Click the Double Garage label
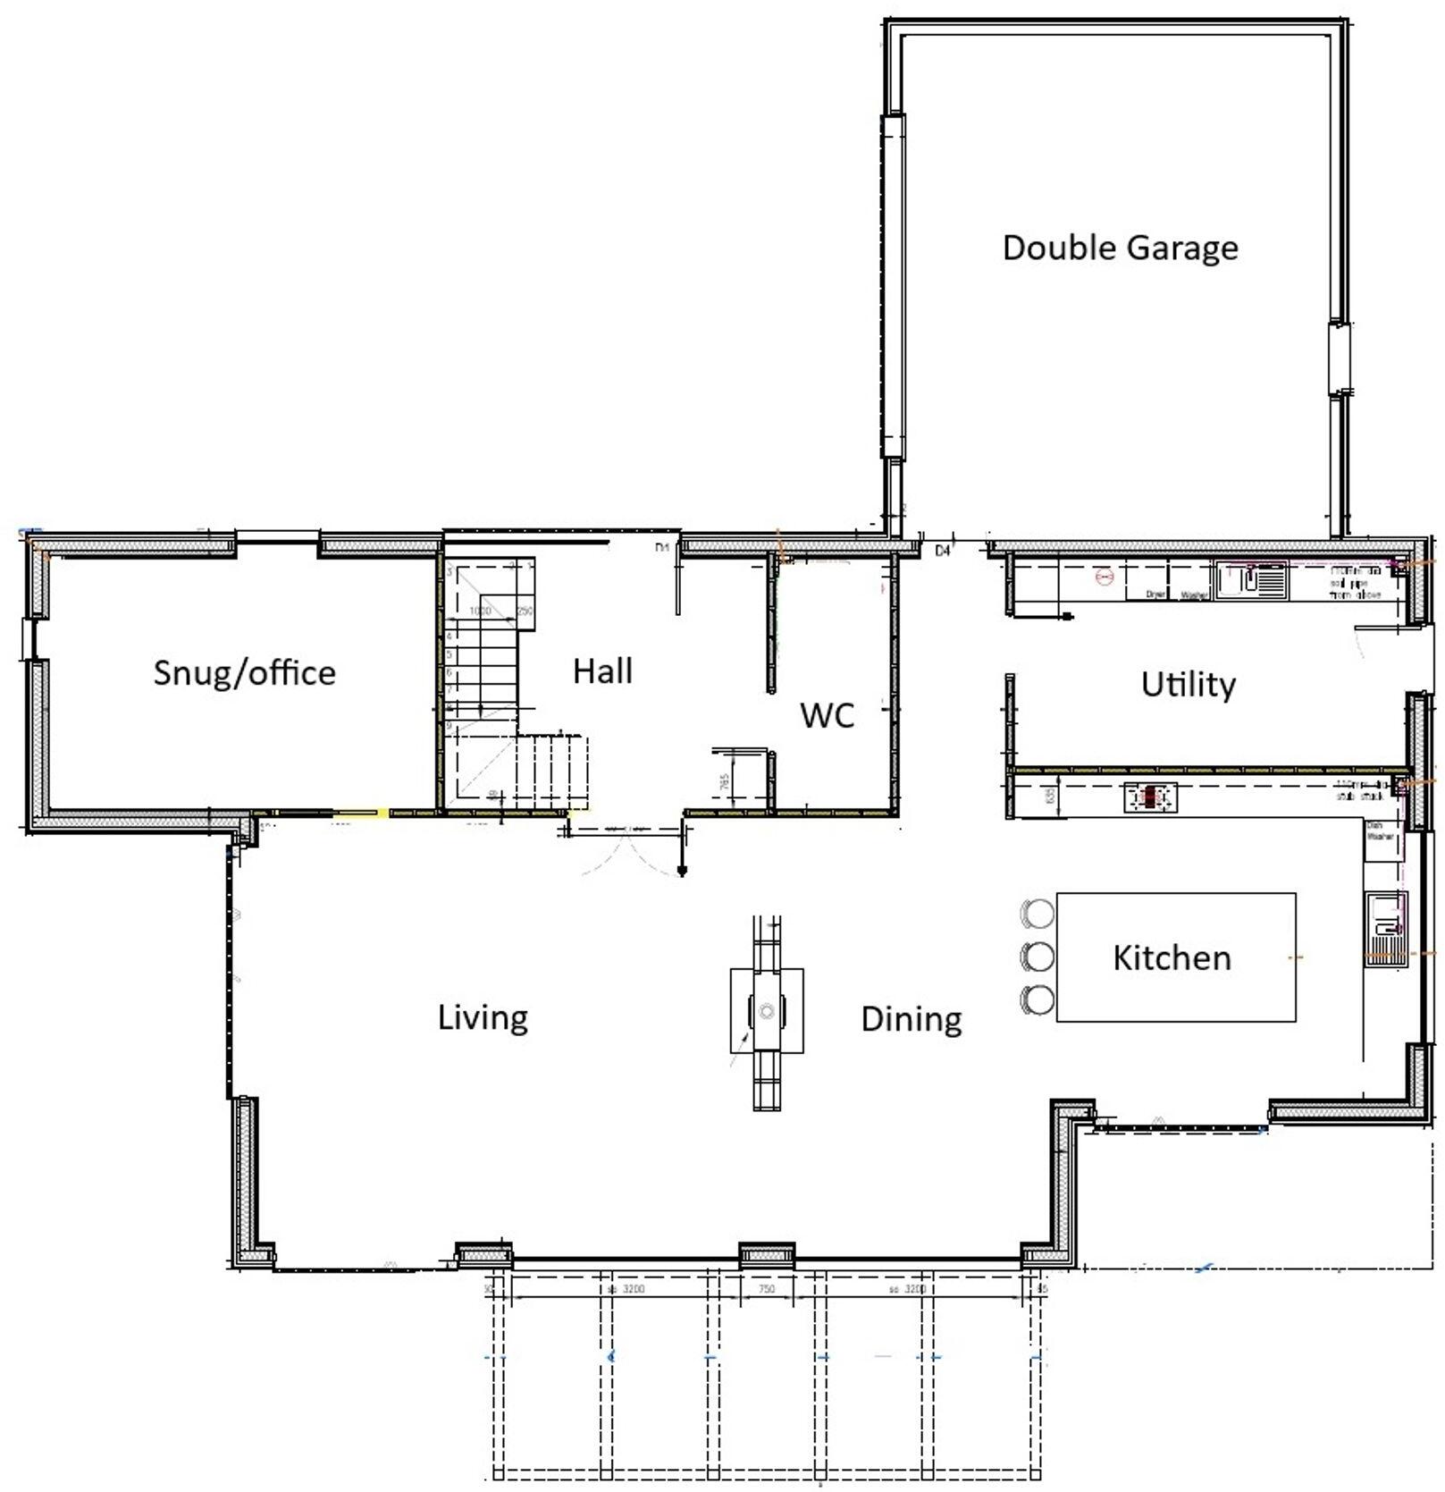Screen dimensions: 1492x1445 (x=1120, y=248)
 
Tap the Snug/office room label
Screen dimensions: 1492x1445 (x=244, y=672)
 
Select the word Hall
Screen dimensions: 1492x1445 (x=602, y=670)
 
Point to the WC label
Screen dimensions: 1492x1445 (x=827, y=715)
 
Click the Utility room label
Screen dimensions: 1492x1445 (x=1188, y=685)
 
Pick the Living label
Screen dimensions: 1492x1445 (x=483, y=1017)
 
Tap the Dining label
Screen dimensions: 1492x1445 (x=911, y=1019)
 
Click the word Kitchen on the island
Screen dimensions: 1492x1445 (x=1172, y=957)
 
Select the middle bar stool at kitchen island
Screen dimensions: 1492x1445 (x=1038, y=956)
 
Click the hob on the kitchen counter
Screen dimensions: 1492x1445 (x=1150, y=797)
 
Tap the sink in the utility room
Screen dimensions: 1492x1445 (x=1250, y=579)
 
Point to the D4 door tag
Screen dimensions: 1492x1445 (x=942, y=552)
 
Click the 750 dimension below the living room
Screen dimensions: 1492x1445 (x=766, y=1289)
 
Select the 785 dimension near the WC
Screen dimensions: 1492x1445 (x=725, y=780)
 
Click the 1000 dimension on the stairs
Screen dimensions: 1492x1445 (x=480, y=611)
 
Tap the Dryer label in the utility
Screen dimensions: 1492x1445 (x=1155, y=594)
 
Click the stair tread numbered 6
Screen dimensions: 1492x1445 (x=449, y=673)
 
